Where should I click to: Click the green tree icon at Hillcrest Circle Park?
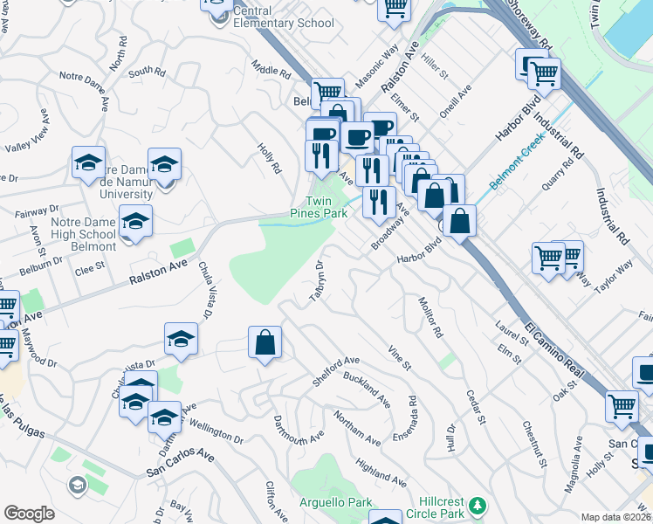[x=478, y=506]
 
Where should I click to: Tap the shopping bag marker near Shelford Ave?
[x=265, y=344]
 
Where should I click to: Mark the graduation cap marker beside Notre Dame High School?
[x=135, y=224]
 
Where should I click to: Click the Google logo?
[x=29, y=514]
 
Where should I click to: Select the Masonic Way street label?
[x=377, y=69]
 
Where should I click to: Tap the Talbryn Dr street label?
[x=317, y=281]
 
